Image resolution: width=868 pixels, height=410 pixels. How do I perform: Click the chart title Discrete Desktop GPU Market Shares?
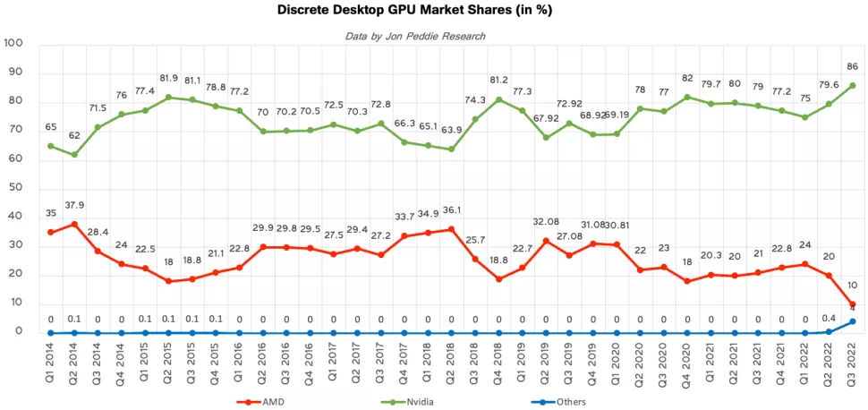(x=433, y=13)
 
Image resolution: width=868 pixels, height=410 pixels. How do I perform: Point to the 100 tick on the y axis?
(x=13, y=44)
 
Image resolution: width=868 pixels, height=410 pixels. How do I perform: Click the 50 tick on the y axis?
(x=16, y=188)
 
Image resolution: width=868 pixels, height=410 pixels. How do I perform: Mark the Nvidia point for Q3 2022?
(x=852, y=85)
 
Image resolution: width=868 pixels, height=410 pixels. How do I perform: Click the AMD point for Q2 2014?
(x=74, y=224)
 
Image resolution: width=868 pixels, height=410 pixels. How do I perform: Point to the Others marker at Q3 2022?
(x=852, y=321)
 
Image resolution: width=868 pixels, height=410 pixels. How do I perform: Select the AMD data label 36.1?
(x=450, y=210)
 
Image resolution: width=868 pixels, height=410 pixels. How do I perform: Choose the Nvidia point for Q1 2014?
(x=51, y=146)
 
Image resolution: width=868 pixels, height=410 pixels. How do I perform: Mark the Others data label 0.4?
(x=828, y=317)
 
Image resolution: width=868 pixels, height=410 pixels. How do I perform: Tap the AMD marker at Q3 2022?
(x=852, y=304)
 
